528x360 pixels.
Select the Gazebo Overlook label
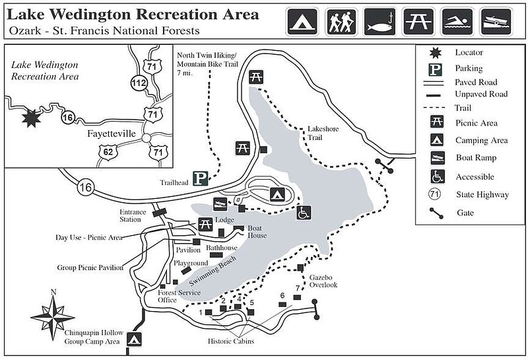(323, 280)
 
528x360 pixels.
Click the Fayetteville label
(111, 133)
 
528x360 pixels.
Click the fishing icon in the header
(381, 22)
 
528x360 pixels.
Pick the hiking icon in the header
(342, 22)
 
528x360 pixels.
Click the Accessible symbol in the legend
(437, 176)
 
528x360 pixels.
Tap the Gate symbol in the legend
(437, 213)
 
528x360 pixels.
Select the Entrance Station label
(131, 215)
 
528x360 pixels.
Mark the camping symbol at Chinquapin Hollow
(135, 340)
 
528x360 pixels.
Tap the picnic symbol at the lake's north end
(256, 77)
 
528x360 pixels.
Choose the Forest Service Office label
(158, 296)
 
